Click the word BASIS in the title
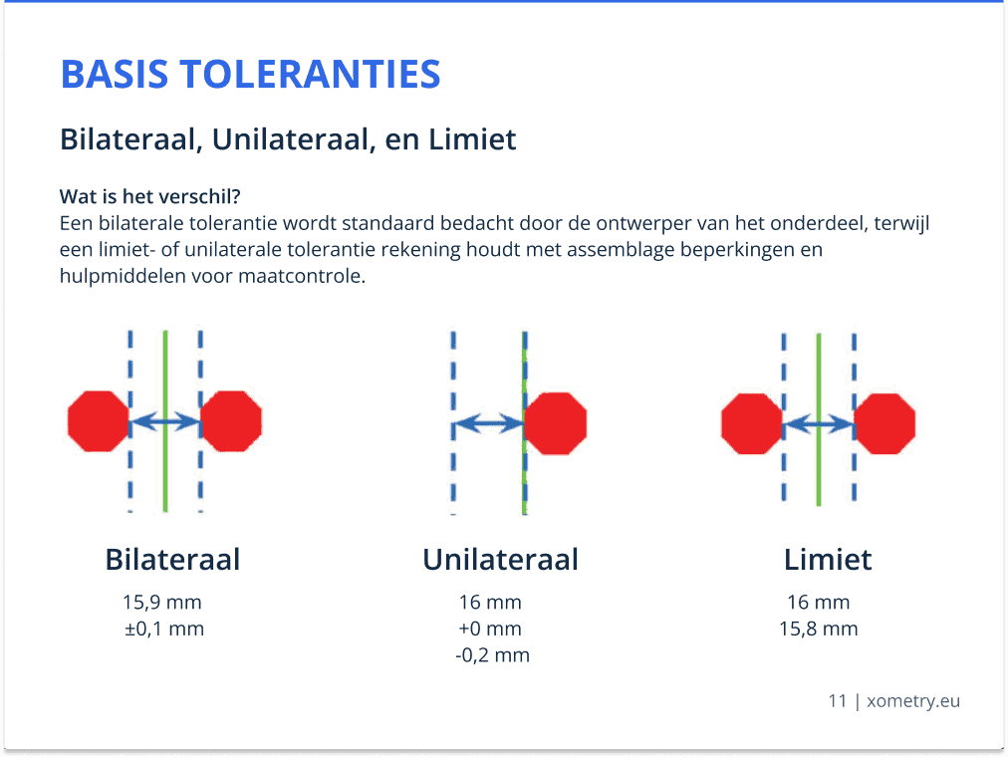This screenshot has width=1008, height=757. coord(115,74)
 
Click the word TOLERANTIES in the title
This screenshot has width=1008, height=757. coord(310,74)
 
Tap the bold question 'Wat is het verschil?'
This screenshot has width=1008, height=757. coord(149,196)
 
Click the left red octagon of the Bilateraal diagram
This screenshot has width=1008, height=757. coord(99,421)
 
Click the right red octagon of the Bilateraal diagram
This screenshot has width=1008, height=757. coord(231,421)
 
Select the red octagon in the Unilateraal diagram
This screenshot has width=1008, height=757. coord(556,423)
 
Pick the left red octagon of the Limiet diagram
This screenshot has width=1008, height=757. coord(752,424)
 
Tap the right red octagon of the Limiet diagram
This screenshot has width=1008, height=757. coord(884,424)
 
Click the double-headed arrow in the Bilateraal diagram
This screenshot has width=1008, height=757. coord(165,421)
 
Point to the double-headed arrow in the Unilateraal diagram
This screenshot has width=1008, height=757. coord(489,423)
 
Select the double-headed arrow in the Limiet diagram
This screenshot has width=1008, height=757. coord(819,424)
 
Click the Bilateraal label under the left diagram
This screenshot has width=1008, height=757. coord(173,559)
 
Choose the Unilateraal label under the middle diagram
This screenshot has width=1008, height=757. coord(501,559)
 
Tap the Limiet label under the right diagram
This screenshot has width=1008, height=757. coord(828,559)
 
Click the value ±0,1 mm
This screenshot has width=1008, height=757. coord(164,629)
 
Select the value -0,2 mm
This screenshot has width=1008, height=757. coord(492,655)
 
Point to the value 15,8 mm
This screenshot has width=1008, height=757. coord(819,629)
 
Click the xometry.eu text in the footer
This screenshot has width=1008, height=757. coord(913,701)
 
